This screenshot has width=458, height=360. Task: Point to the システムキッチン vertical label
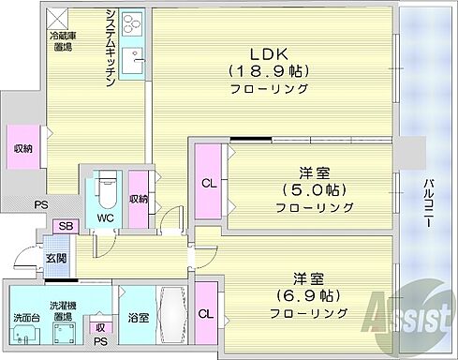point(110,47)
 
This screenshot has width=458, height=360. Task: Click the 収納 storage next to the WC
point(139,198)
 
